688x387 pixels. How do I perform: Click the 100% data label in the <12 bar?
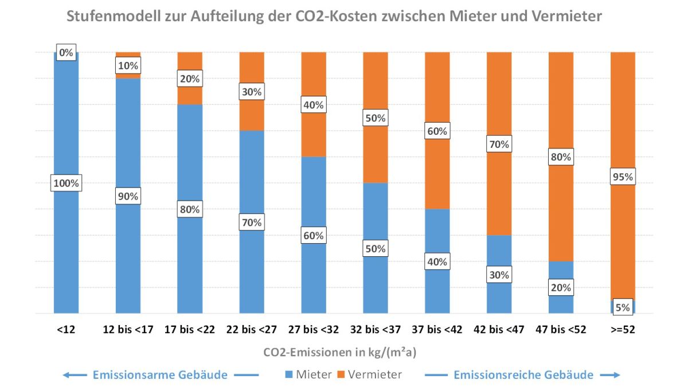pyautogui.click(x=66, y=184)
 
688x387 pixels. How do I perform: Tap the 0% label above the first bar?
pyautogui.click(x=66, y=53)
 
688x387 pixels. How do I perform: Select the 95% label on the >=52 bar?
pyautogui.click(x=622, y=177)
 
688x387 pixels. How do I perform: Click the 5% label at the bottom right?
pyautogui.click(x=623, y=307)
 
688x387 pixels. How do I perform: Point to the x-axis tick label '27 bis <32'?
pyautogui.click(x=314, y=330)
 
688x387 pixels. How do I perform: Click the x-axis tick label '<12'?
pyautogui.click(x=66, y=330)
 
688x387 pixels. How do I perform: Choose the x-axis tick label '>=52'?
pyautogui.click(x=623, y=330)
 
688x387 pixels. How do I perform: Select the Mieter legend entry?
pyautogui.click(x=308, y=375)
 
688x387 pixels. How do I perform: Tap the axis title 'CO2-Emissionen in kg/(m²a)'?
pyautogui.click(x=344, y=351)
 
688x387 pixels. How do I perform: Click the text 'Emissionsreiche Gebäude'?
pyautogui.click(x=523, y=375)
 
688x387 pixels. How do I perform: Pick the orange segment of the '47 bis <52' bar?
pyautogui.click(x=561, y=103)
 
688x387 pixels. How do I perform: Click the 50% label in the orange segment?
pyautogui.click(x=376, y=118)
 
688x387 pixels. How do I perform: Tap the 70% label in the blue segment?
pyautogui.click(x=252, y=222)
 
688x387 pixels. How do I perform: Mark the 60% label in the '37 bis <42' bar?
pyautogui.click(x=437, y=131)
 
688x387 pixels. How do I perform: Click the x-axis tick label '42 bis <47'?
pyautogui.click(x=499, y=330)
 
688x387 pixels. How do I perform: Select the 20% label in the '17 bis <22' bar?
pyautogui.click(x=190, y=79)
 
